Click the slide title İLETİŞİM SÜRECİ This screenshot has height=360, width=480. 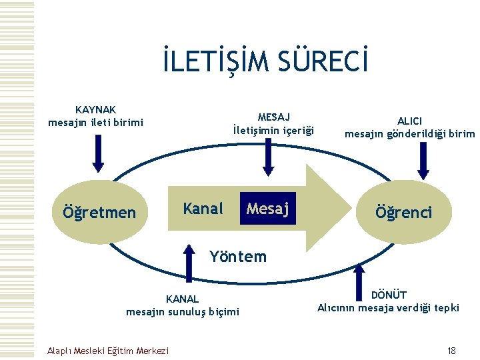pyautogui.click(x=265, y=62)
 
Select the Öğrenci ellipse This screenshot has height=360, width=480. pyautogui.click(x=403, y=212)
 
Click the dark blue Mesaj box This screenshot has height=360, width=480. pyautogui.click(x=267, y=209)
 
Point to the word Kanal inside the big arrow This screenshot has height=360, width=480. pyautogui.click(x=203, y=209)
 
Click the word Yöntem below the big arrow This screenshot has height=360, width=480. pyautogui.click(x=237, y=256)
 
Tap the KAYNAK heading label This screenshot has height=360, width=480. pyautogui.click(x=96, y=109)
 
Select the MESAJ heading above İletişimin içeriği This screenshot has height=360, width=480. pyautogui.click(x=273, y=117)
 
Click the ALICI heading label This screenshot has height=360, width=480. pyautogui.click(x=409, y=121)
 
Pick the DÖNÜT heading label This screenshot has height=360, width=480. pyautogui.click(x=389, y=295)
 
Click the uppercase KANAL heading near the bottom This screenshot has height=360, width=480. pyautogui.click(x=182, y=299)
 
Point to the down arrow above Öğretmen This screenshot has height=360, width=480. pyautogui.click(x=98, y=153)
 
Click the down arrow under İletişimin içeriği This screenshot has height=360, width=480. pyautogui.click(x=269, y=155)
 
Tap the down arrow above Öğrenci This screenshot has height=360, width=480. pyautogui.click(x=423, y=159)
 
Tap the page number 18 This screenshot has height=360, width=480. pyautogui.click(x=451, y=351)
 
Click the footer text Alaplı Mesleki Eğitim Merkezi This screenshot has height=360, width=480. pyautogui.click(x=108, y=351)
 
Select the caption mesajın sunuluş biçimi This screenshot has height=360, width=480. pyautogui.click(x=182, y=311)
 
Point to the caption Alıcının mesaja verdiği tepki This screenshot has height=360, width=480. pyautogui.click(x=388, y=307)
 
